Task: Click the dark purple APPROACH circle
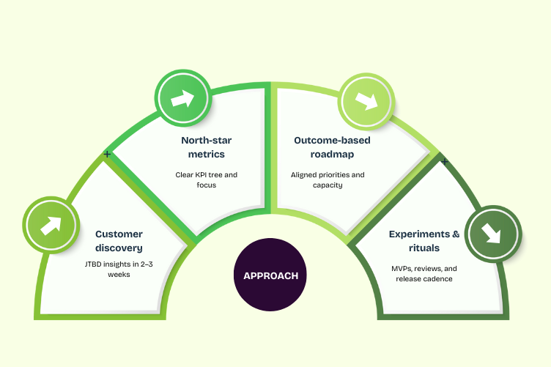click(x=270, y=275)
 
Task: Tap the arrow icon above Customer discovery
click(x=51, y=225)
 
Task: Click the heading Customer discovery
click(x=119, y=241)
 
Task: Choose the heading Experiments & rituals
click(x=424, y=241)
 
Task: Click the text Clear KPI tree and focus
click(x=207, y=180)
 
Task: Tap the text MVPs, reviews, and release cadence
click(x=424, y=273)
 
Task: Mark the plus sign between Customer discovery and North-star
click(x=108, y=155)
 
